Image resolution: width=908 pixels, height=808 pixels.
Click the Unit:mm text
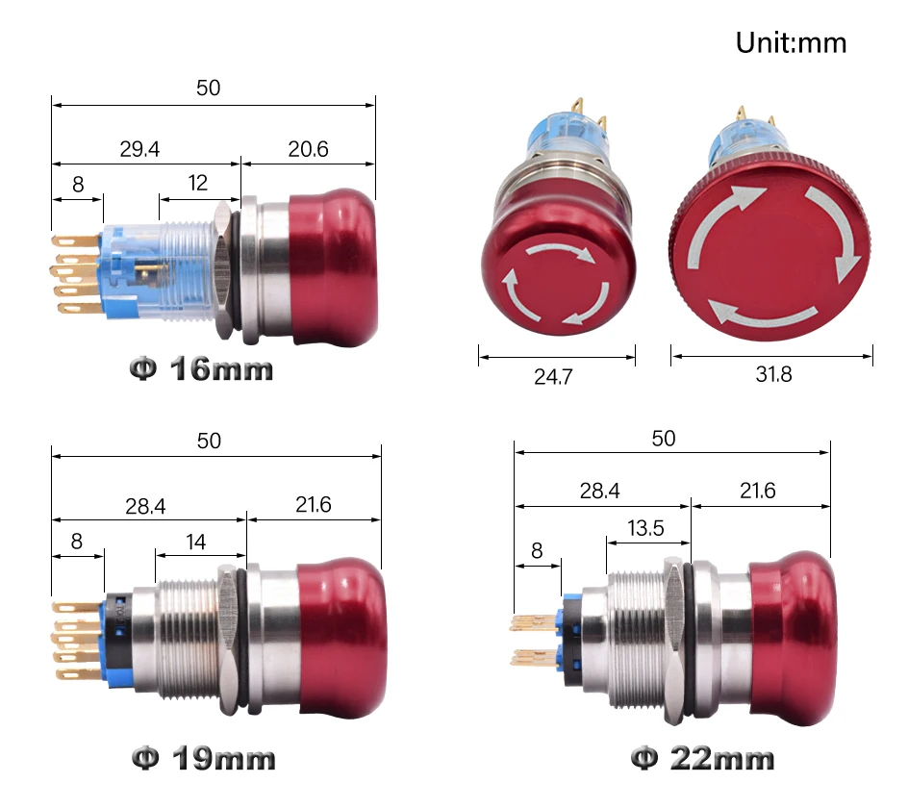[791, 43]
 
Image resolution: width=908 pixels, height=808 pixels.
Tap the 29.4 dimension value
[139, 149]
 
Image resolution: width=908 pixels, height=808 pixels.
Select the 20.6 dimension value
[308, 149]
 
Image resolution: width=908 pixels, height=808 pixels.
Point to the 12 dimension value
[198, 183]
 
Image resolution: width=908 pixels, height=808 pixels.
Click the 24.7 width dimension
[554, 377]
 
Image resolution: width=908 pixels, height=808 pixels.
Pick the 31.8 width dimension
[773, 375]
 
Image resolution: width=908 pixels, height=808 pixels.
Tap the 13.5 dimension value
[645, 528]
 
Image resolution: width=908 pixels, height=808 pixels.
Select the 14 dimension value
[195, 543]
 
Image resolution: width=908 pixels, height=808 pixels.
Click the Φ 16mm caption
[201, 369]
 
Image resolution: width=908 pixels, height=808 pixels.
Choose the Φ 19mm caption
[203, 759]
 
